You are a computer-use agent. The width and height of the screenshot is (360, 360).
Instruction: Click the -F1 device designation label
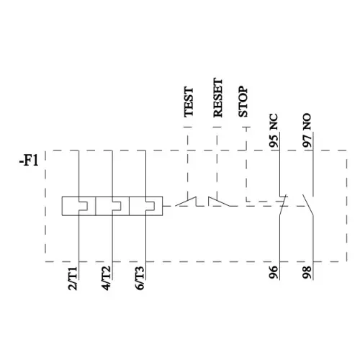coord(29,161)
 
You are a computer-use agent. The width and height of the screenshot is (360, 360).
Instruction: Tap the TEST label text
coord(189,102)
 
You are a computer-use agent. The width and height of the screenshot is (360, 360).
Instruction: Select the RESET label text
coord(218,97)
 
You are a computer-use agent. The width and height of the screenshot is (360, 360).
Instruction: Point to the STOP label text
coord(243,102)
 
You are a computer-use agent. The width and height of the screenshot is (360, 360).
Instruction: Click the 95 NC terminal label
coord(274,130)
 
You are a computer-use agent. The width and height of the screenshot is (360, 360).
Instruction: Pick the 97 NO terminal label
coord(307,130)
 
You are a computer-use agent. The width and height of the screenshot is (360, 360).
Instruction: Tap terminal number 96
coord(274,272)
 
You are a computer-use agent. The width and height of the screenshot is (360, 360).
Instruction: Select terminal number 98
coord(307,272)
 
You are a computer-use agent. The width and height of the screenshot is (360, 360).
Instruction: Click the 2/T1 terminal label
coord(73,279)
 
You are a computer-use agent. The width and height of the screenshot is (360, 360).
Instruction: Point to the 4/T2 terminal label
coord(107,279)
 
